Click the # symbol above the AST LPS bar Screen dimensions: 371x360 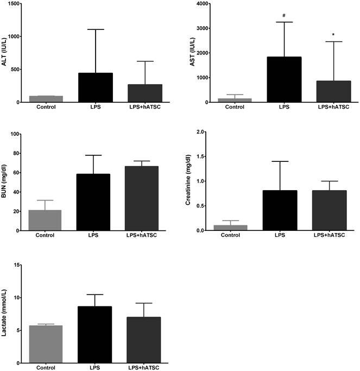pos(284,15)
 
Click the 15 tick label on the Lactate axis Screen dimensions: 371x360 pos(18,265)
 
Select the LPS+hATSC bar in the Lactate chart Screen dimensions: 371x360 pos(144,339)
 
